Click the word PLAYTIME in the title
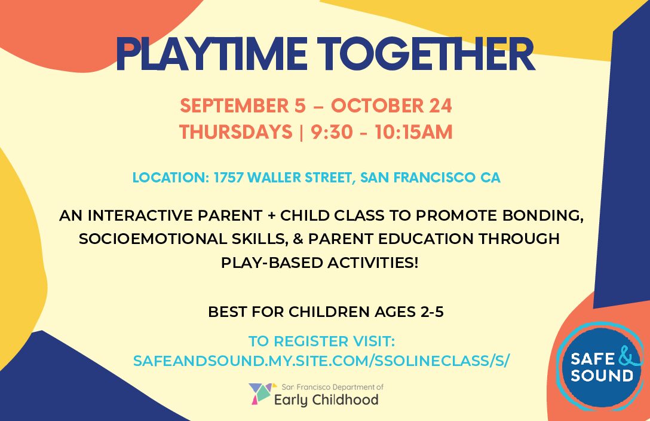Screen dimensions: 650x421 pos(211,54)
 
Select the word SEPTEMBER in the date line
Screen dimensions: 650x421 pos(234,106)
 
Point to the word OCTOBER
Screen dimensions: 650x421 pos(377,106)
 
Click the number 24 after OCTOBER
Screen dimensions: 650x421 pos(440,106)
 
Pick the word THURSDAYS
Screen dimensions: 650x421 pos(236,132)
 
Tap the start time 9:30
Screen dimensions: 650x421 pos(332,132)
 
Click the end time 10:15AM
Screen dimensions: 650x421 pos(413,132)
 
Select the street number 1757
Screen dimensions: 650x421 pos(228,178)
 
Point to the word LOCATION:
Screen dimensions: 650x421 pos(171,178)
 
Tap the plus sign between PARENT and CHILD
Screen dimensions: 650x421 pos(271,216)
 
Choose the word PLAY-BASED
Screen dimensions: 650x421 pos(271,263)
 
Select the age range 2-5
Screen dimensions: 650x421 pos(432,312)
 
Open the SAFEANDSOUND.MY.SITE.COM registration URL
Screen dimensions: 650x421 pos(321,361)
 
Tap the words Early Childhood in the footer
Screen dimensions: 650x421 pos(327,400)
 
